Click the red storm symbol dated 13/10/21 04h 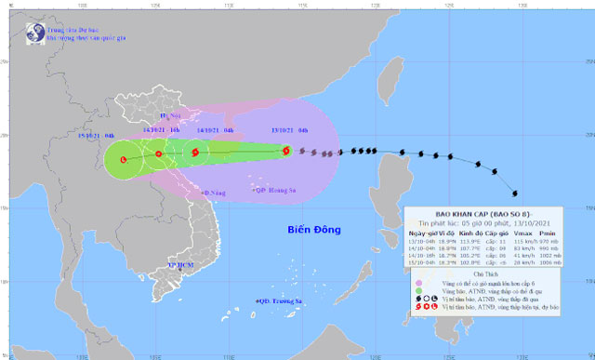(286, 151)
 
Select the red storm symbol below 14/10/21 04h (195, 153)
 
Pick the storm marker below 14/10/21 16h (158, 153)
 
